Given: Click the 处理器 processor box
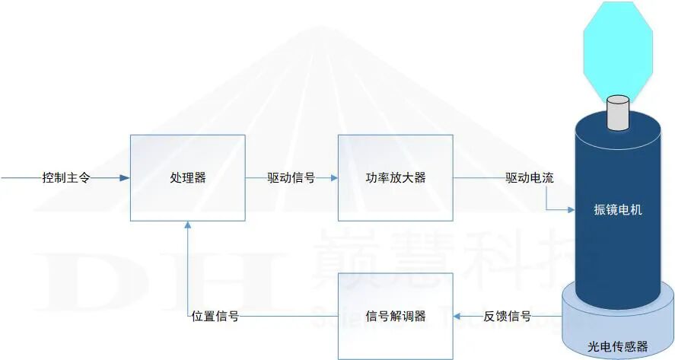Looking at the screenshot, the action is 187,178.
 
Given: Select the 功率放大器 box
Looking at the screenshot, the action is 395,178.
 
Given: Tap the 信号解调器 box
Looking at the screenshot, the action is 395,316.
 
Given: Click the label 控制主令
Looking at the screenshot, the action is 66,178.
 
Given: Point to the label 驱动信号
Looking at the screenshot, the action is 291,178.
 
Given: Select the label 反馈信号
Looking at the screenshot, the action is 507,316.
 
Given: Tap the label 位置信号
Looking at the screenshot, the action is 215,316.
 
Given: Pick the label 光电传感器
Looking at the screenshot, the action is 617,347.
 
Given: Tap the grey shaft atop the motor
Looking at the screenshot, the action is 618,112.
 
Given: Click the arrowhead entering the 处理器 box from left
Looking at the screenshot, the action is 125,178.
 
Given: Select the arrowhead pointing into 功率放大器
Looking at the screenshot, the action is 333,178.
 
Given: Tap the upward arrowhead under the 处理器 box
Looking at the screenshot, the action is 187,226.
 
